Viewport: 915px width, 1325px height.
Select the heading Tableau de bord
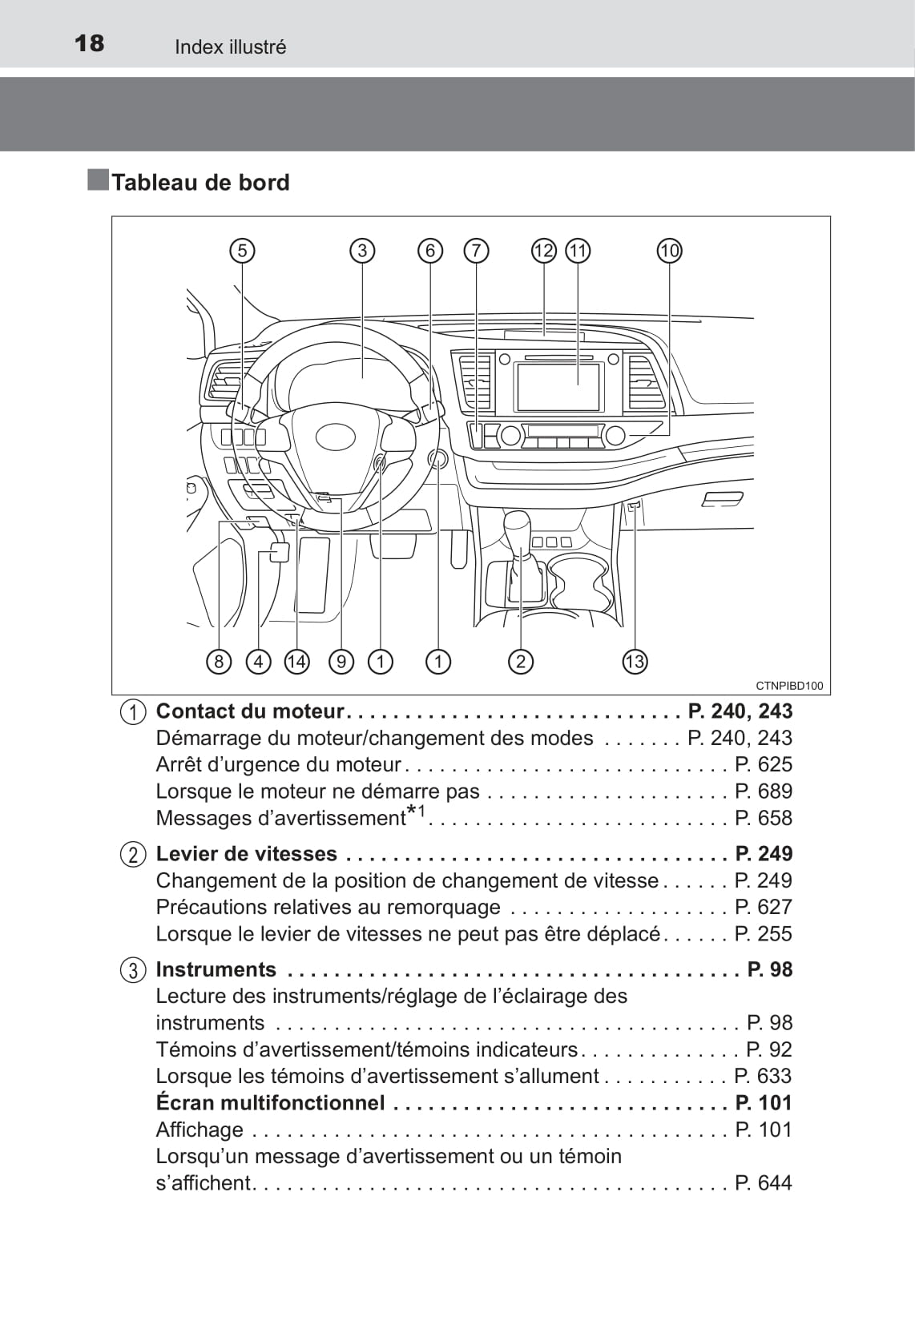(x=200, y=183)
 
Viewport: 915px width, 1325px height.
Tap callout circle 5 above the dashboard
(x=242, y=251)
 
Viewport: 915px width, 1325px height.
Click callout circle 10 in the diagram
(x=669, y=251)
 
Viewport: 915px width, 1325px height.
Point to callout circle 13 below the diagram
(x=634, y=662)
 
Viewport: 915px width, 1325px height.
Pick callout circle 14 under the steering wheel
(x=296, y=662)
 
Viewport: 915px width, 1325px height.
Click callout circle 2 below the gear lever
(x=521, y=662)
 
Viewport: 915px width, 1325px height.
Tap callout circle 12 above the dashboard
(x=543, y=251)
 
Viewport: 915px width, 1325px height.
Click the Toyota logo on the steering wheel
(x=336, y=437)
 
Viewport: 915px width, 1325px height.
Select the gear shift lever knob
(x=518, y=529)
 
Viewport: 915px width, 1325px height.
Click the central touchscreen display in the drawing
(x=558, y=387)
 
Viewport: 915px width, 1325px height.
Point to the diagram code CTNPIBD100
(x=788, y=686)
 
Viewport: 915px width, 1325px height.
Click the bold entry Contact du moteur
(x=249, y=711)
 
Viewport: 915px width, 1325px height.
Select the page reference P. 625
(x=763, y=764)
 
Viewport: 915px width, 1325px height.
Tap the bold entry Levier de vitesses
(x=246, y=854)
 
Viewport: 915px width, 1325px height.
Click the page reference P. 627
(x=763, y=907)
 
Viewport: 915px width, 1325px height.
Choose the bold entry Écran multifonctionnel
(x=270, y=1103)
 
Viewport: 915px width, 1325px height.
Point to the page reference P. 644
(x=763, y=1183)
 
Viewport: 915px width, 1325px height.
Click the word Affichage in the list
(x=200, y=1130)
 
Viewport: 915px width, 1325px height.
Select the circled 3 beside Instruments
(x=133, y=970)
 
